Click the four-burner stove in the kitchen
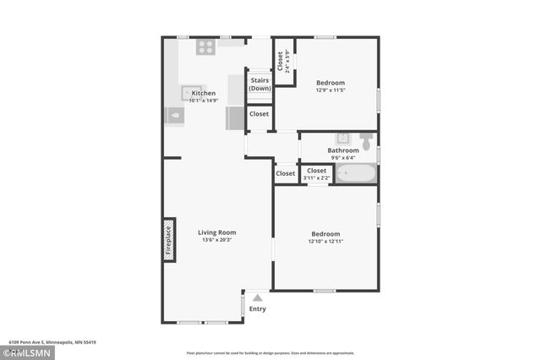pos(205,47)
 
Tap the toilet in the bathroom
pos(366,139)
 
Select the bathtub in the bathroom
pos(355,175)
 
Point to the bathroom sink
pos(344,138)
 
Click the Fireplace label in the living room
pos(169,239)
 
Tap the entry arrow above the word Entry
pos(257,297)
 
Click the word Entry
pos(257,308)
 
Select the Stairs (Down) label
pos(260,84)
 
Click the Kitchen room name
pos(203,93)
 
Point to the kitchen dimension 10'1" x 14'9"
pos(203,101)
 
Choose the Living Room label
pos(217,232)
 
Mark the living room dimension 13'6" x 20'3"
pos(217,240)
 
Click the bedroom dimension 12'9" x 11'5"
pos(331,90)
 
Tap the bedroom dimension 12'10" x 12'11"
pos(325,241)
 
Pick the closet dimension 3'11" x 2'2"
pos(317,177)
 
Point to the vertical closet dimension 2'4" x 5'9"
pos(287,63)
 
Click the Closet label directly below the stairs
pos(259,113)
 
